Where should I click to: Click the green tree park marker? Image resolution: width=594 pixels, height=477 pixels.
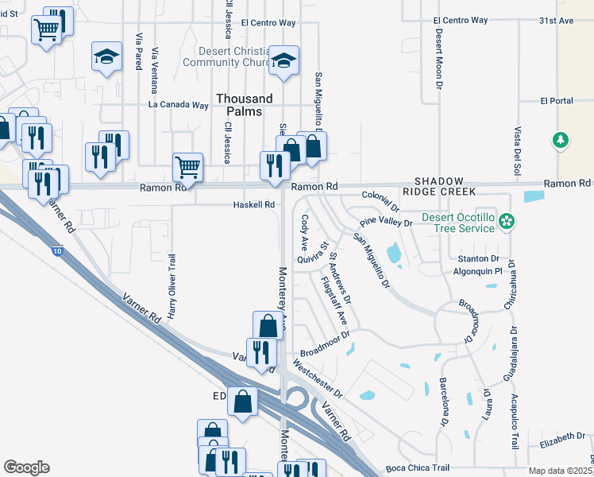tap(561, 140)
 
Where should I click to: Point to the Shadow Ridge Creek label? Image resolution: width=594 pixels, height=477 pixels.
tap(438, 186)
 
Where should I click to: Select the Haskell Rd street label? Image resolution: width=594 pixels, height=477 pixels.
tap(253, 204)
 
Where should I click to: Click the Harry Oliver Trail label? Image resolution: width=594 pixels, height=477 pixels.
tap(171, 283)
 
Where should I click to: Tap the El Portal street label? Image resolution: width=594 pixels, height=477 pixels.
tap(556, 101)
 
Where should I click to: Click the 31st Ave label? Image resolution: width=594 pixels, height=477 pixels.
tap(556, 21)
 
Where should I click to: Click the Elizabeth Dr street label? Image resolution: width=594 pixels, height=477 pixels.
tap(561, 437)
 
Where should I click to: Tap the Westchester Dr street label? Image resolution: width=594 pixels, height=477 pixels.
tap(317, 380)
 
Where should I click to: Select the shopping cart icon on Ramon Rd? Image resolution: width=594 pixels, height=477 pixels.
tap(187, 167)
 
